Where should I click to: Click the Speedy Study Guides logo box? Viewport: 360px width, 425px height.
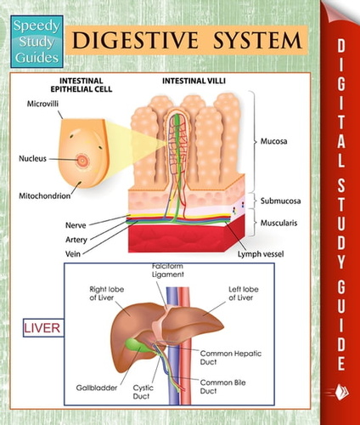coord(37,42)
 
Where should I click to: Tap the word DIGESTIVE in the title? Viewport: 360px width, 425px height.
coord(135,40)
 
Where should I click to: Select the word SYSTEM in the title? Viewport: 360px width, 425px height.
coord(257,40)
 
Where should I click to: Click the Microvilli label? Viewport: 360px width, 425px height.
coord(42,104)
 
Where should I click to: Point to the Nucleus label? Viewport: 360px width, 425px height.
coord(32,158)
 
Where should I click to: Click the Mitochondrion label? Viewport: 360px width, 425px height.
coord(45,195)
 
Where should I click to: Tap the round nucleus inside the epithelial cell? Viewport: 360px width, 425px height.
coord(82,161)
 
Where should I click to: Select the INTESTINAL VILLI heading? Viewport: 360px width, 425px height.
coord(194,81)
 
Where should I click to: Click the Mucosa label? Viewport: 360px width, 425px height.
coord(273,141)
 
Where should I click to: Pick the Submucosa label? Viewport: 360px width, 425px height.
coord(280,201)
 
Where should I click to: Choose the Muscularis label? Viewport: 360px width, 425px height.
coord(278,223)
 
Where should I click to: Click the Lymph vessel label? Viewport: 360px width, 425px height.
coord(261,254)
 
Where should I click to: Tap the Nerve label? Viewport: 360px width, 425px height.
coord(76,225)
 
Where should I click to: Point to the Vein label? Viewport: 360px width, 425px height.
coord(73,253)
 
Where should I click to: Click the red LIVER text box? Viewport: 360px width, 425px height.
coord(43,328)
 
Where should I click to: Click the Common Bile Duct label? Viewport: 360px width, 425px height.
coord(222,387)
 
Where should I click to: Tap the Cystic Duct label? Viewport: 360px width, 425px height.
coord(143,392)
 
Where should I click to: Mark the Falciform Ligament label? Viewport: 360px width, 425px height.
coord(168,270)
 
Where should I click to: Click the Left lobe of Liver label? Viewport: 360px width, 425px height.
coord(244,293)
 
